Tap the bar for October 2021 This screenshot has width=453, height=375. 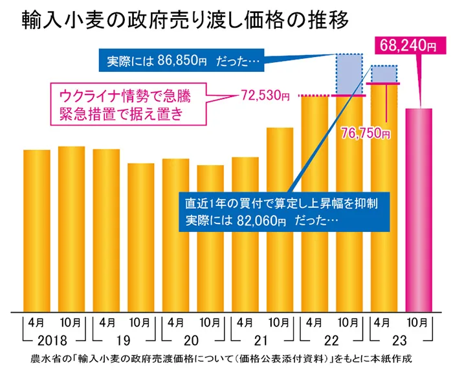point(280,220)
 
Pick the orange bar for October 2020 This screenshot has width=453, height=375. point(210,239)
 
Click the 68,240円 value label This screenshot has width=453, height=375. point(403,45)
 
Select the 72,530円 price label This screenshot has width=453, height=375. point(265,97)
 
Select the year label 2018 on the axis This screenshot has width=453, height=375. point(54,341)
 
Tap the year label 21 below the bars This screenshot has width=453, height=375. point(262,341)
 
